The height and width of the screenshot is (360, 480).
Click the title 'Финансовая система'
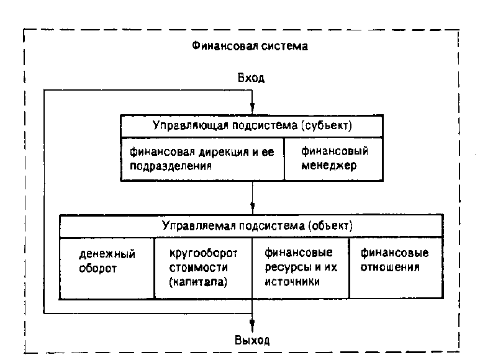pyautogui.click(x=250, y=47)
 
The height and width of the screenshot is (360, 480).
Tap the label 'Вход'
pyautogui.click(x=251, y=78)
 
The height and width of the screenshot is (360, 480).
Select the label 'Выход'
pyautogui.click(x=253, y=341)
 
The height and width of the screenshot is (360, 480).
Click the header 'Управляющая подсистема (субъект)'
pyautogui.click(x=252, y=125)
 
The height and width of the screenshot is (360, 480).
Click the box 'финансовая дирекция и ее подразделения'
pyautogui.click(x=202, y=158)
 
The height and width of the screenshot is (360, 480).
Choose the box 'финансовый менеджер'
pyautogui.click(x=335, y=158)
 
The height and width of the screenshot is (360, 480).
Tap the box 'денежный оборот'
pyautogui.click(x=107, y=262)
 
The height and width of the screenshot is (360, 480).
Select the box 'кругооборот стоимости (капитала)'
pyautogui.click(x=202, y=267)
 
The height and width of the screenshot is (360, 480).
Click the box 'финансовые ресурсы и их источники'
pyautogui.click(x=300, y=267)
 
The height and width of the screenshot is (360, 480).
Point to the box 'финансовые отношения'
pyautogui.click(x=396, y=261)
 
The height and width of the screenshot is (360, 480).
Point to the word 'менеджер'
pyautogui.click(x=326, y=166)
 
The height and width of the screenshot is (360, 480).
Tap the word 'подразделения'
pyautogui.click(x=167, y=166)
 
